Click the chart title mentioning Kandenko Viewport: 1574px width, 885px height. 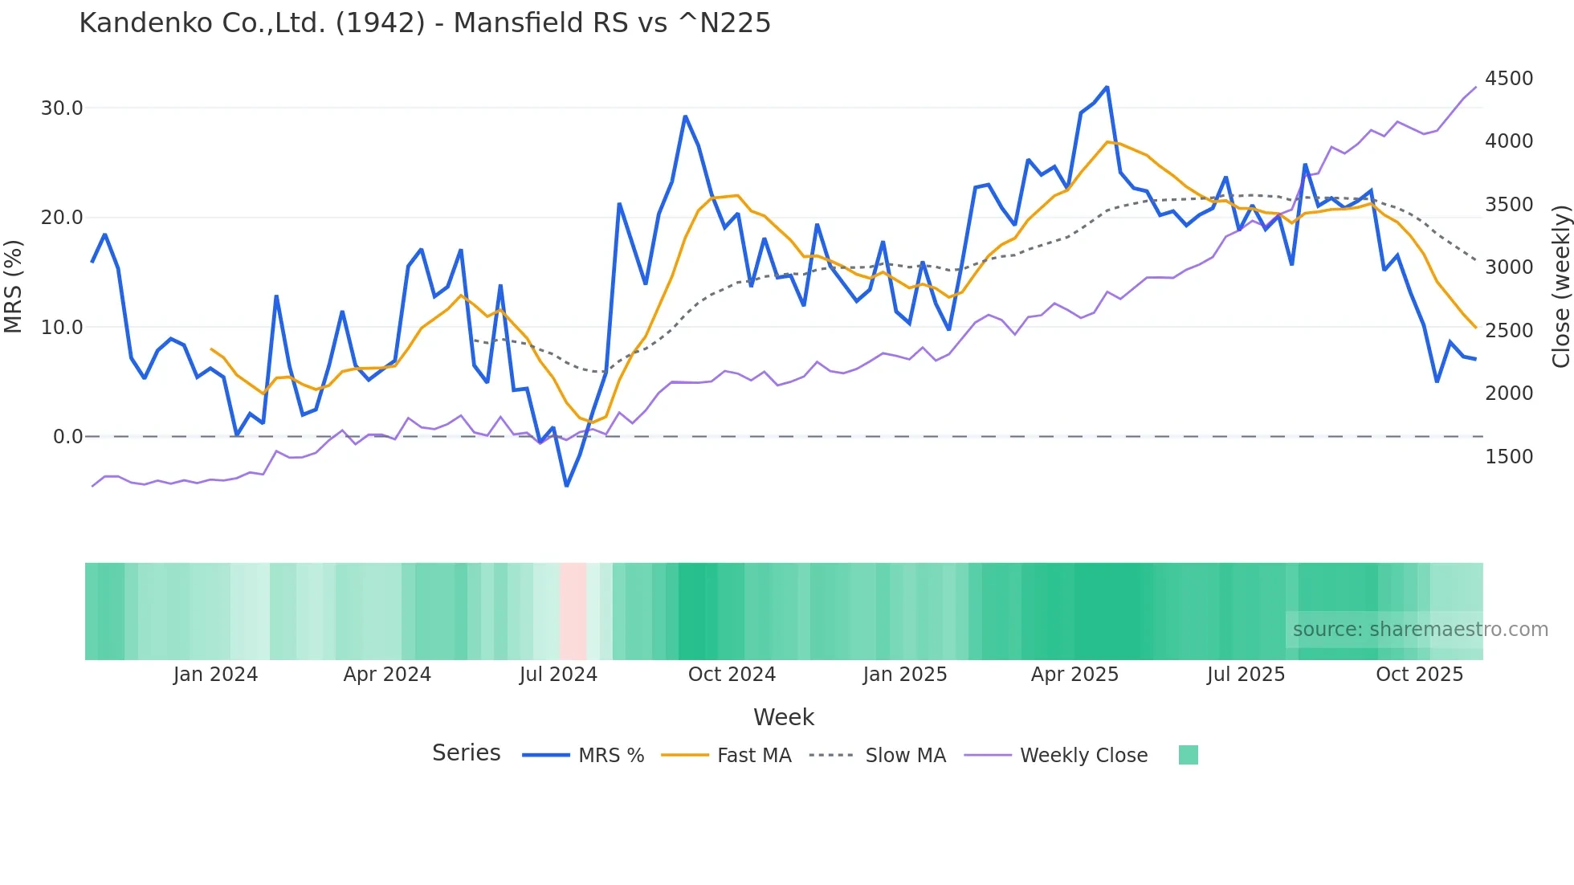click(425, 23)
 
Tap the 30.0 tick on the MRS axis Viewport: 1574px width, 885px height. click(62, 108)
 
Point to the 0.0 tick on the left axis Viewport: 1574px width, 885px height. click(67, 437)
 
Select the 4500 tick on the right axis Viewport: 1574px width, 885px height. click(1509, 79)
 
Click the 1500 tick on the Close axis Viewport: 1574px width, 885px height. click(1509, 457)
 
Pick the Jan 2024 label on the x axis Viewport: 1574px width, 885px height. click(215, 675)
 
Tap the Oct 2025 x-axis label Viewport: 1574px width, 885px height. click(1419, 675)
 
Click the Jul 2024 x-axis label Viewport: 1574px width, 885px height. click(558, 675)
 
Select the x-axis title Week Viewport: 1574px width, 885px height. click(784, 717)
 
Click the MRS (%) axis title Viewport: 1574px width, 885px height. click(14, 287)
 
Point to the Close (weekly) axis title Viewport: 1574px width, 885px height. click(1560, 287)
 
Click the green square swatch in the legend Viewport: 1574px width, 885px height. click(1188, 755)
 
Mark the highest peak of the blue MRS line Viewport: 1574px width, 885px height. click(1107, 87)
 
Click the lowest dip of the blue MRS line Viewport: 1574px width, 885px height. click(566, 486)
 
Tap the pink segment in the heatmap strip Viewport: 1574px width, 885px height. click(573, 611)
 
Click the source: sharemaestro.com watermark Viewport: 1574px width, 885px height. click(1420, 630)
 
